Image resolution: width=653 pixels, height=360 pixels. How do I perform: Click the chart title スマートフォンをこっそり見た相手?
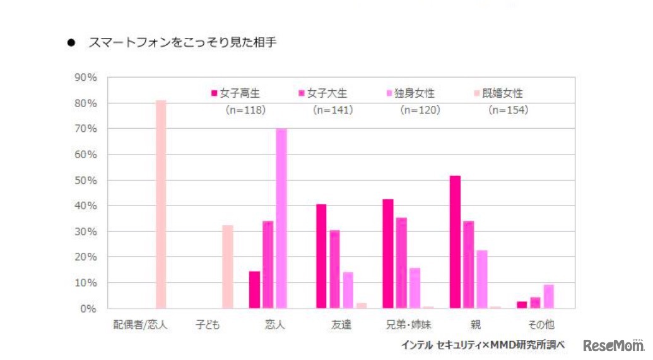click(x=182, y=44)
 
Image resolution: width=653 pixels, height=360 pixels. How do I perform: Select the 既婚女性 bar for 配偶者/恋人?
click(x=161, y=204)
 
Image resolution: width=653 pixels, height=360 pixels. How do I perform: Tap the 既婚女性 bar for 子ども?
click(x=228, y=267)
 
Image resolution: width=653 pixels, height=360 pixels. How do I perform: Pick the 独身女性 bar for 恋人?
click(x=281, y=218)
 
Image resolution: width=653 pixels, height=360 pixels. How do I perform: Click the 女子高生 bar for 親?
click(x=455, y=242)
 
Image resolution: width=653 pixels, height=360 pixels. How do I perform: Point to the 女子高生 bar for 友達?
click(x=321, y=256)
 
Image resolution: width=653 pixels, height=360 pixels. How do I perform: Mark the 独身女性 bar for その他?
click(x=549, y=296)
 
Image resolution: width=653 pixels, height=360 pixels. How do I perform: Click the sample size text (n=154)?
click(x=508, y=110)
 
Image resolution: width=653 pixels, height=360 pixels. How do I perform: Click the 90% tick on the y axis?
click(x=85, y=78)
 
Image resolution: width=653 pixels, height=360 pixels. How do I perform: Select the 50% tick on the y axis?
click(x=85, y=180)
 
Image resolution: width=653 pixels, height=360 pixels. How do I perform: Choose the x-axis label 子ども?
click(x=208, y=325)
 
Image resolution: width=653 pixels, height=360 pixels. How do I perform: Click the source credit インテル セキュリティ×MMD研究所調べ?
click(x=483, y=345)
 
